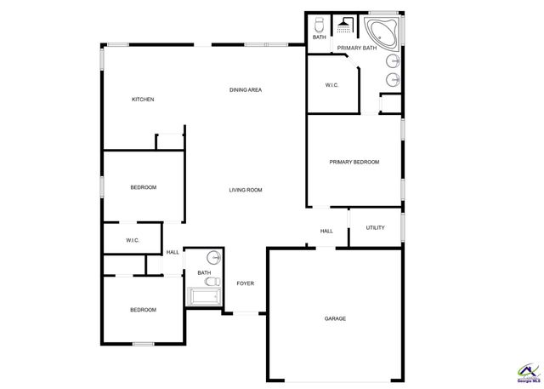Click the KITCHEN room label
point(143,100)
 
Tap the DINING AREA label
point(245,90)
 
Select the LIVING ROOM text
point(246,191)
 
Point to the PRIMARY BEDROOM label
point(354,162)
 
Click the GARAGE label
point(335,318)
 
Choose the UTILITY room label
point(375,228)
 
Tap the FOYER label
point(246,283)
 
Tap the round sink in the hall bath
point(213,258)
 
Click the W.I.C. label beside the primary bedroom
point(333,85)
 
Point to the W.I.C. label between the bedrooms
point(132,241)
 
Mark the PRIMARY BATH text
point(356,48)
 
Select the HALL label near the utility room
point(326,232)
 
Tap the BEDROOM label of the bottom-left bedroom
point(143,310)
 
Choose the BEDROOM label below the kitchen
point(143,187)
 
